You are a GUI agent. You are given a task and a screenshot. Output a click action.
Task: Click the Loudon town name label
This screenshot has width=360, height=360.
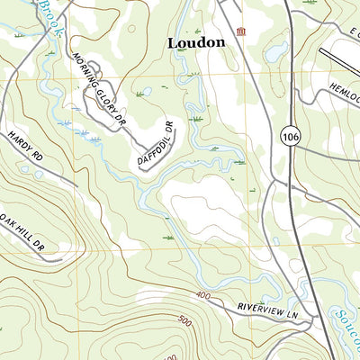195,42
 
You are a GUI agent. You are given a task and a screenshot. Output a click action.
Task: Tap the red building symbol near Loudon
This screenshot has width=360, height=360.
239,33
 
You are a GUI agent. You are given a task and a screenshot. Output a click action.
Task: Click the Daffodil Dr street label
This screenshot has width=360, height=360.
155,144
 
